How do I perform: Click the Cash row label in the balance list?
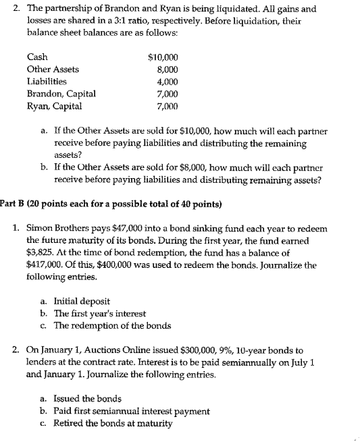pos(37,57)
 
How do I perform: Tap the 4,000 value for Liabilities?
pos(167,82)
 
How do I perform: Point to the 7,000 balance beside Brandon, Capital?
pos(167,94)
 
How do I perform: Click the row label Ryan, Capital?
pos(54,106)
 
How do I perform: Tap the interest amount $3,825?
pos(42,252)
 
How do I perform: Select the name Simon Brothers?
pos(58,228)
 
